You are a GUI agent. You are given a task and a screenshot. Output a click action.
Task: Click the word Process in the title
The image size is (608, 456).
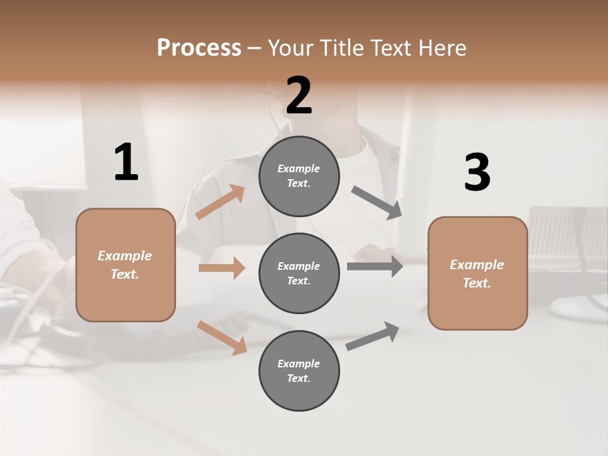pos(199,48)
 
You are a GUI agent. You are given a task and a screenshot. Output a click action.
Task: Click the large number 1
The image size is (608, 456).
pos(126,163)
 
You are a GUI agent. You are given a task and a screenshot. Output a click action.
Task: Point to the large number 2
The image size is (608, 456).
pos(299,96)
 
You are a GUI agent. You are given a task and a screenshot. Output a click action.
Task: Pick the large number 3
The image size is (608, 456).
pos(477,173)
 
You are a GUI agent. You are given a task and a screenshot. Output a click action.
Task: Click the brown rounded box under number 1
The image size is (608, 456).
pos(125,265)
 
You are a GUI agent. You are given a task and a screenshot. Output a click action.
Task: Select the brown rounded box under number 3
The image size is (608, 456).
pos(478,274)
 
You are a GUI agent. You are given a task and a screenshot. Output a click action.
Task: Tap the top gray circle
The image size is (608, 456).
pos(299,176)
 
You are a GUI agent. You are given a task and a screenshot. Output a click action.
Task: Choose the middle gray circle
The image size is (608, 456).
pos(299,274)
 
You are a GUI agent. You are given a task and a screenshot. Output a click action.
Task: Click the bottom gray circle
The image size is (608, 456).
pos(299,371)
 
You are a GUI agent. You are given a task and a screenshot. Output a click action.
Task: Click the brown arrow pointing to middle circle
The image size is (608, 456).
pos(222,268)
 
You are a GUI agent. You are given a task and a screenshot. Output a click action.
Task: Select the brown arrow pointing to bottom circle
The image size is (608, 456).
pos(222,337)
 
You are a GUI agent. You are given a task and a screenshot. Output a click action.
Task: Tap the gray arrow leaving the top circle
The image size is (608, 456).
pos(376,203)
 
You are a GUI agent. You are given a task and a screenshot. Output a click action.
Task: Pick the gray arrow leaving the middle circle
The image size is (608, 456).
pos(374,266)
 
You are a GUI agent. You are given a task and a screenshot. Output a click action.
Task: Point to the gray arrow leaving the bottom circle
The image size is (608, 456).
pos(372,336)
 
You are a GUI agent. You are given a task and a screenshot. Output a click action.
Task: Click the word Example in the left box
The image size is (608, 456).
pos(125,256)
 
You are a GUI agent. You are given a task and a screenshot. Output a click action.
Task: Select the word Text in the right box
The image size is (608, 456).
pos(476,283)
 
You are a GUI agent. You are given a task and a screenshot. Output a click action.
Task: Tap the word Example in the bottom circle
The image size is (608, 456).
pos(298,364)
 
